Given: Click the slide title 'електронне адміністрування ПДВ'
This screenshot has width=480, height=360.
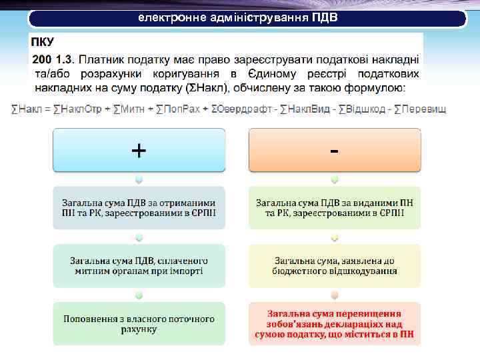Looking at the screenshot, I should tap(238, 17).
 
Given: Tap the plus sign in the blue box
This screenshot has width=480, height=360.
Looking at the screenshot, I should tap(139, 151).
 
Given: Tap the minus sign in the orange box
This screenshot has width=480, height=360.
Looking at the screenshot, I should tap(334, 151).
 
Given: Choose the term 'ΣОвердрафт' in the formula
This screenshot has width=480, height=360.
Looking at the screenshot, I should tap(238, 109).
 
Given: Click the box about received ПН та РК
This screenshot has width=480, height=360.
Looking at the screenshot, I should tap(139, 208).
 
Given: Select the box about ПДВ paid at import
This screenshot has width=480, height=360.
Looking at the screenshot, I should tap(139, 265).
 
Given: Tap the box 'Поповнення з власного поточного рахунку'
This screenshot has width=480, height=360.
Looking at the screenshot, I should tap(139, 323).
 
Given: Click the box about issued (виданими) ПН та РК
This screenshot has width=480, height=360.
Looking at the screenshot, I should tap(334, 208).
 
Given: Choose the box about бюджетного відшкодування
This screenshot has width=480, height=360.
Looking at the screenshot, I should tap(334, 265).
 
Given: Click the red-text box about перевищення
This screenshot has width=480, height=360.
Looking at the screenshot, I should tap(334, 323).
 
